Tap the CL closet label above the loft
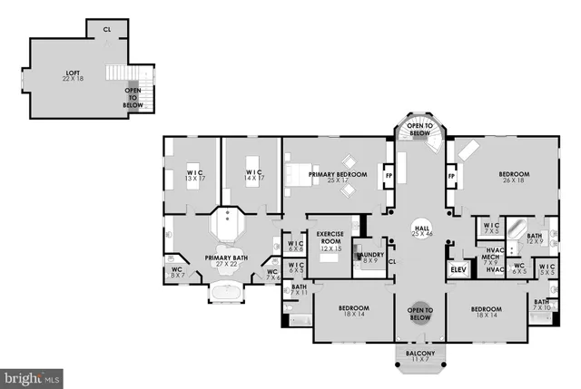[107, 29]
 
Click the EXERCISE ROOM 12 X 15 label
[329, 241]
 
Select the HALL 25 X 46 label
[421, 231]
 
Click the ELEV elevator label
[457, 269]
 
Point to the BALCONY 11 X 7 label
[420, 356]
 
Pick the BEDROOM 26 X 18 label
[513, 177]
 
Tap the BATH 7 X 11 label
[298, 290]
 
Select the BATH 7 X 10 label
[541, 305]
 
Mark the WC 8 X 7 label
[178, 271]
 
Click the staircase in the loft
[118, 73]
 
